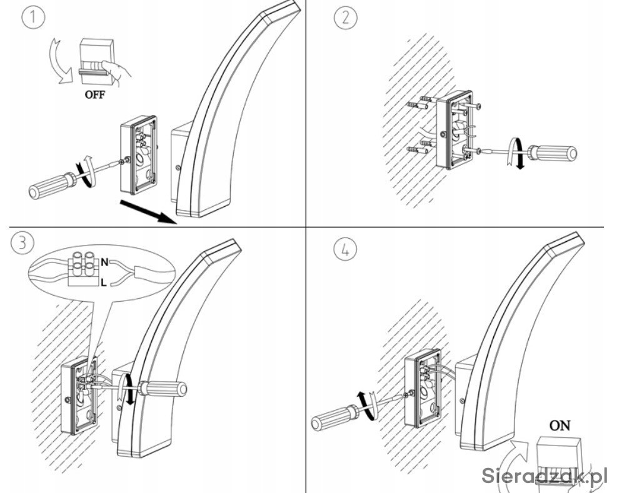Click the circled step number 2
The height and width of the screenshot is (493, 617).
coord(344,17)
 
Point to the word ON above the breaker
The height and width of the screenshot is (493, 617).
coord(559,426)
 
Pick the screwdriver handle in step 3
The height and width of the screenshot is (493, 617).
coord(163,389)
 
